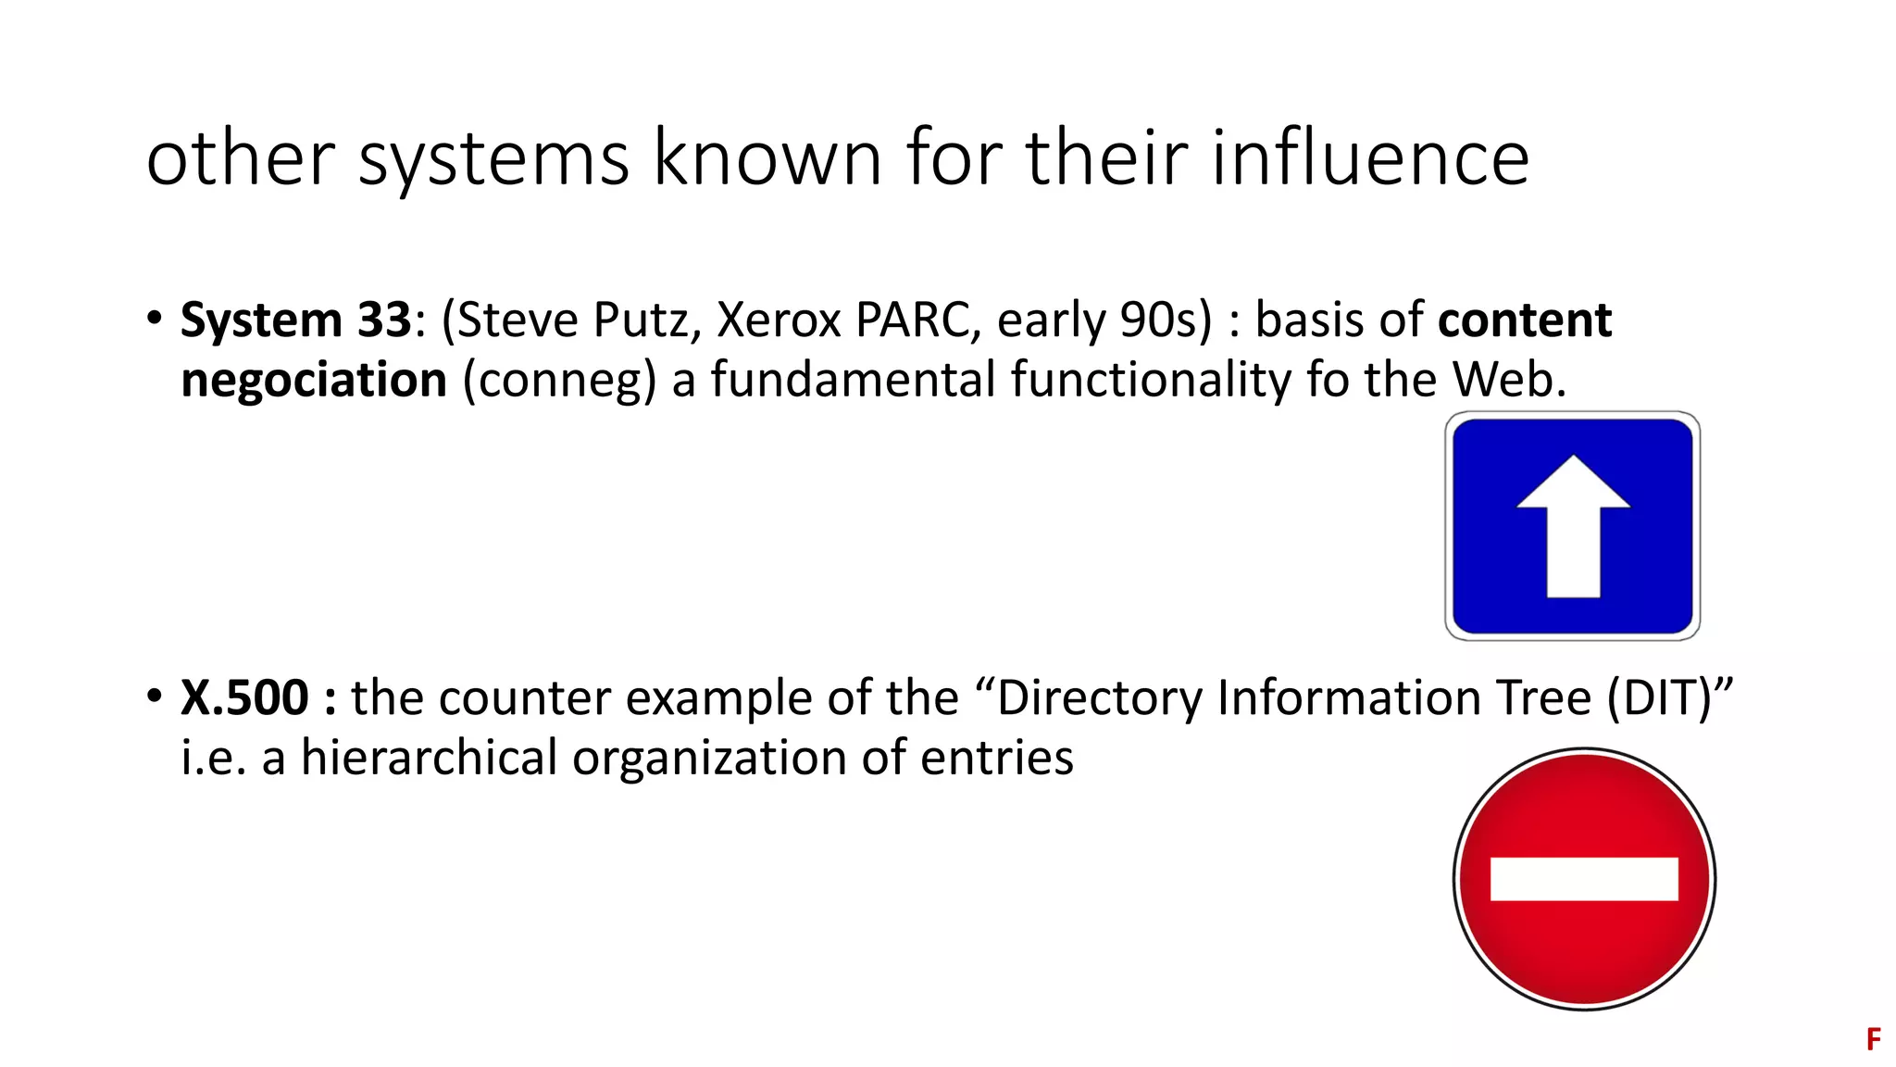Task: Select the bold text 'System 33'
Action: [x=295, y=320]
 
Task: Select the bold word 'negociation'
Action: [x=314, y=381]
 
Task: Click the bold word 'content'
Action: [x=1525, y=320]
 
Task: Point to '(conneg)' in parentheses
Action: [x=559, y=381]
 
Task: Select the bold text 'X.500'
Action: [x=244, y=697]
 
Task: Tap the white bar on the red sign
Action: [x=1584, y=879]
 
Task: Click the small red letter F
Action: [x=1873, y=1039]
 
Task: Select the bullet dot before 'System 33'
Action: [x=155, y=318]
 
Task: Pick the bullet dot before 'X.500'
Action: [x=155, y=696]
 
